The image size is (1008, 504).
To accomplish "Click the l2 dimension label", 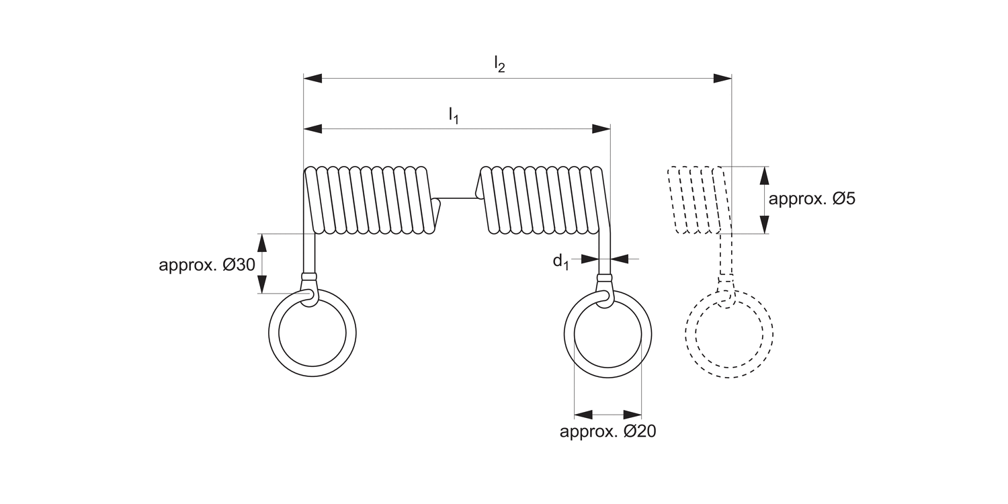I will click(499, 65).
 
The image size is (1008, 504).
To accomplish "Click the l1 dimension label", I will click(454, 116).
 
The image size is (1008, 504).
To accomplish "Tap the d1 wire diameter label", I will click(560, 261).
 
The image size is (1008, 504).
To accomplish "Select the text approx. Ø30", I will click(207, 265).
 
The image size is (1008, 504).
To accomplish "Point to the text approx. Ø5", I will click(812, 200).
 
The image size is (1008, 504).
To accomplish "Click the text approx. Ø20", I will click(607, 431).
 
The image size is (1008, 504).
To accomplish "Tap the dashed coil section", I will click(696, 200).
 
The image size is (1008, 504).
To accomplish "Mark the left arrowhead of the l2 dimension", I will click(313, 79).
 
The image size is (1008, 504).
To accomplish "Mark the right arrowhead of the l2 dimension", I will click(722, 79).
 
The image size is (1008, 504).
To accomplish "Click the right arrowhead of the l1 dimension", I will click(601, 129).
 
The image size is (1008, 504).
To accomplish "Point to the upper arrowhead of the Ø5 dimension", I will click(765, 175).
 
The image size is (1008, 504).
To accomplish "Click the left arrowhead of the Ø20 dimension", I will click(583, 414).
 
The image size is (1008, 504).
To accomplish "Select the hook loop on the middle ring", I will click(604, 297).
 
